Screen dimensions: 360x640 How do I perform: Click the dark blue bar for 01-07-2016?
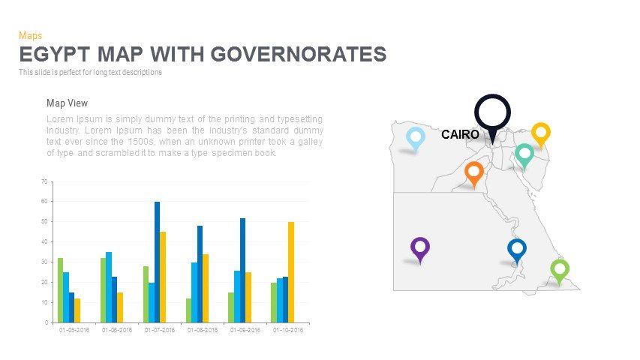pos(157,262)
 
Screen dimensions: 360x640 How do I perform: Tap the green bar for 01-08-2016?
pos(189,310)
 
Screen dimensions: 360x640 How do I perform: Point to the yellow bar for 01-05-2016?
pos(77,310)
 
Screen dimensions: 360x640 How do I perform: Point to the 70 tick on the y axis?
pos(44,182)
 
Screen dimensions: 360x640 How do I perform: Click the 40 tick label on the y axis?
pos(44,242)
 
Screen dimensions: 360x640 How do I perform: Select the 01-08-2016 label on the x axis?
pos(203,329)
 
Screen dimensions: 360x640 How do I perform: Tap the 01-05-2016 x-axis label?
pos(74,329)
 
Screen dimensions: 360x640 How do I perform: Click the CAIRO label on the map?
pos(460,135)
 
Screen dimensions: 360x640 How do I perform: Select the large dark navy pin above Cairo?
pos(492,113)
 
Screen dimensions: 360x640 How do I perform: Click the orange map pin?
pos(473,172)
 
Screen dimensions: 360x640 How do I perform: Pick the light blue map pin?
pos(415,137)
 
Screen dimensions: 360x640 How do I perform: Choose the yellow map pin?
pos(541,133)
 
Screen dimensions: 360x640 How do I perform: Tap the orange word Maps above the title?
pos(30,35)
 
